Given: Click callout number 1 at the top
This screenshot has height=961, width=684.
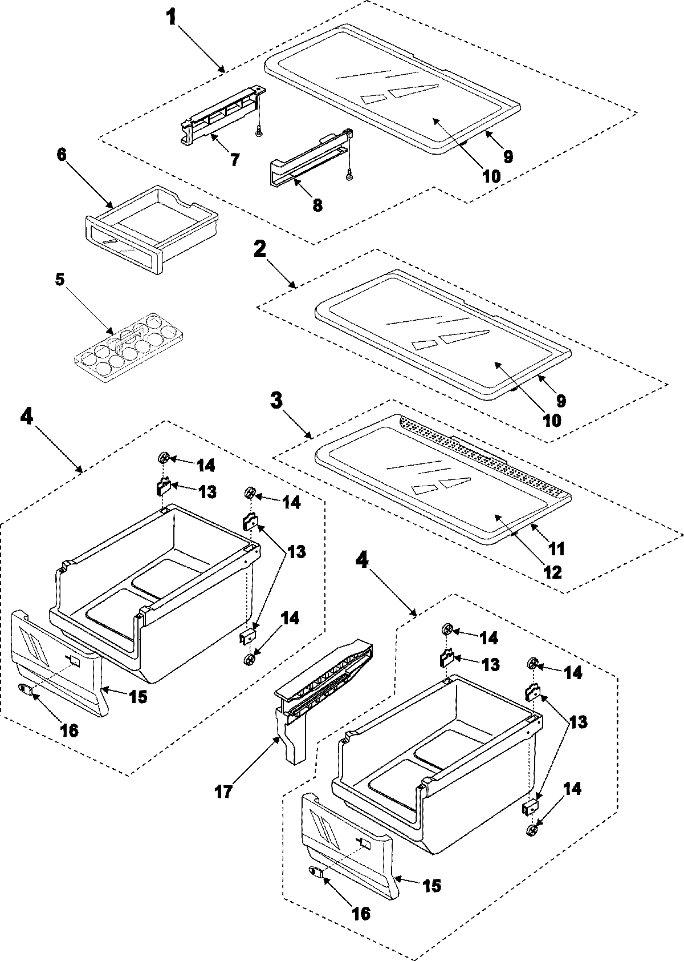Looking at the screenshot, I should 170,17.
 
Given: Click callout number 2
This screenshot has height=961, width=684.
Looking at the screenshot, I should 259,249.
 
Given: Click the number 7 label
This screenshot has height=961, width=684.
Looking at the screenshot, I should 235,159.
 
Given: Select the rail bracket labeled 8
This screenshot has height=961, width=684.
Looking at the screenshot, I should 308,157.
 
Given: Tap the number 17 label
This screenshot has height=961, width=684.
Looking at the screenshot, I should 223,793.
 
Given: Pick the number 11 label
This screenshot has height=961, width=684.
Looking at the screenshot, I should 556,548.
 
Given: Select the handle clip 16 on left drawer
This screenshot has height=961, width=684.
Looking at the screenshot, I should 26,689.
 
